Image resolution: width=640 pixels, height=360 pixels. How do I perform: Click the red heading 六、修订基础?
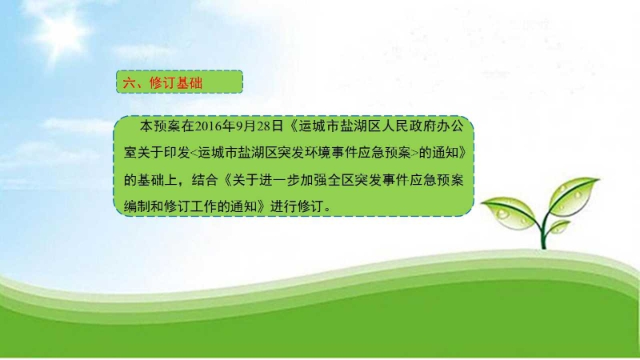162,83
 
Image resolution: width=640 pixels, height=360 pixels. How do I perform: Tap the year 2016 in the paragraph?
208,126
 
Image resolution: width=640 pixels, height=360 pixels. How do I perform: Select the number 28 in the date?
264,126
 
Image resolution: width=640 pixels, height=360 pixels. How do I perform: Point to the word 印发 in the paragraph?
177,153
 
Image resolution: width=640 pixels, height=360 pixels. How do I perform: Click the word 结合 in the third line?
204,179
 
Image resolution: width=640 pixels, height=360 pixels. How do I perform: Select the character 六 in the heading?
129,83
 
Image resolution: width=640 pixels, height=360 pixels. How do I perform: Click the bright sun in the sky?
62,30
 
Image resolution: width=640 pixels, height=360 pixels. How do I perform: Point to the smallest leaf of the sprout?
559,226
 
